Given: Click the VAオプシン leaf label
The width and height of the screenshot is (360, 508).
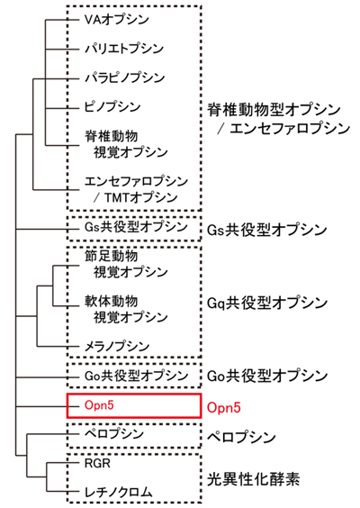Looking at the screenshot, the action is [x=116, y=20].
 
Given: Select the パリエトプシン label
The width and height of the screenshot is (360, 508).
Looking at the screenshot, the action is [x=124, y=49].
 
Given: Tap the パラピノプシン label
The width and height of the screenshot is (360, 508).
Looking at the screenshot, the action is [x=124, y=77].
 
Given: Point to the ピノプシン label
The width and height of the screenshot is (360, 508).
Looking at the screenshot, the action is [x=112, y=106].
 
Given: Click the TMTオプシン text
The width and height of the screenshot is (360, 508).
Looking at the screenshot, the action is [x=140, y=197].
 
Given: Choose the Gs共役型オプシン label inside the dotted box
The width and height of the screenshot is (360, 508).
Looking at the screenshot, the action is [x=136, y=227].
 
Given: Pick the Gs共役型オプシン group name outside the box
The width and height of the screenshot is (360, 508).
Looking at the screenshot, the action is [x=266, y=230].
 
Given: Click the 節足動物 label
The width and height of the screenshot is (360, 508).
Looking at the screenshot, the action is [x=111, y=256].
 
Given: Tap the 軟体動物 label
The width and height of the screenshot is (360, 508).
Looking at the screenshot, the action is [x=111, y=302].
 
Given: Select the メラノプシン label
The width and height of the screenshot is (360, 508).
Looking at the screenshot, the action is [x=116, y=347].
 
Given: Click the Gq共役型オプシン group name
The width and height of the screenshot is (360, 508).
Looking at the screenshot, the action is [x=266, y=303].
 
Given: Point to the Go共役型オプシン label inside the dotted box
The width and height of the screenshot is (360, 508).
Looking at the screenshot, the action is [x=136, y=376].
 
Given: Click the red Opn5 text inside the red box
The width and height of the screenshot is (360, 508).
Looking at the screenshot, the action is [x=99, y=405].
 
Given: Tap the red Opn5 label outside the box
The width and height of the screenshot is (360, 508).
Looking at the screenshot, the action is [x=224, y=407].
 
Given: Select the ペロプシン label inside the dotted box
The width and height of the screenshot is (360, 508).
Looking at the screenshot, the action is [x=114, y=433].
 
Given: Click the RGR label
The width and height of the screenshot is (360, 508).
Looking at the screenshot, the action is [x=97, y=463].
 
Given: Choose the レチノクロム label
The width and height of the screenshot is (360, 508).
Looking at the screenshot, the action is [x=118, y=492].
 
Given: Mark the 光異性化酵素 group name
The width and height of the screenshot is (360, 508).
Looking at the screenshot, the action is [x=253, y=479].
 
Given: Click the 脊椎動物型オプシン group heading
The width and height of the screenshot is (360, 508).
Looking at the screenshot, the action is [x=274, y=110].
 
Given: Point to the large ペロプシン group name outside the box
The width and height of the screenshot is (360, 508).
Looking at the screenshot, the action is [x=241, y=437].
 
